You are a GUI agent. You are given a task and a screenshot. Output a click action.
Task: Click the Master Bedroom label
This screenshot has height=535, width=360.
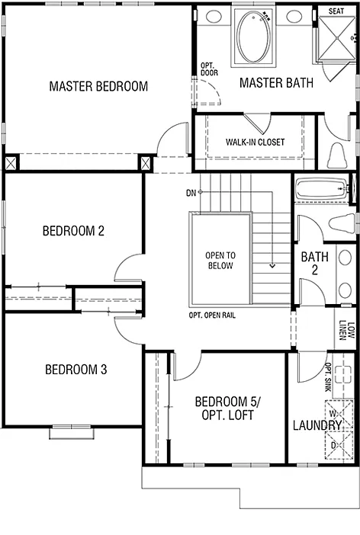pyautogui.click(x=98, y=86)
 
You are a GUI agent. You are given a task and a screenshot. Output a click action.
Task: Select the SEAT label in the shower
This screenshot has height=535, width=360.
pyautogui.click(x=336, y=11)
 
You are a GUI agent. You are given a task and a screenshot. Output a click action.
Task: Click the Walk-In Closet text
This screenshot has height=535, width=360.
pyautogui.click(x=255, y=143)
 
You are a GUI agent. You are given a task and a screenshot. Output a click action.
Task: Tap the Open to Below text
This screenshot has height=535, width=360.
pyautogui.click(x=220, y=261)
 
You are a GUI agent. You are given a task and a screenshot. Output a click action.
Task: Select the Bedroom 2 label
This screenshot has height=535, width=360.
pyautogui.click(x=73, y=230)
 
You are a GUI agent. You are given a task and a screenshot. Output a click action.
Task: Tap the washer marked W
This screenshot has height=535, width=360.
pyautogui.click(x=333, y=414)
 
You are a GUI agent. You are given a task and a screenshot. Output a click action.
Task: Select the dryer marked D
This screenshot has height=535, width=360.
pyautogui.click(x=333, y=444)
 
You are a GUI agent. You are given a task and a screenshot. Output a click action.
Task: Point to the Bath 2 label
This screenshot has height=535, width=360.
pyautogui.click(x=314, y=264)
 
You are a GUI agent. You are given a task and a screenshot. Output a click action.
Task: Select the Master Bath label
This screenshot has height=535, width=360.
pyautogui.click(x=276, y=83)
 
